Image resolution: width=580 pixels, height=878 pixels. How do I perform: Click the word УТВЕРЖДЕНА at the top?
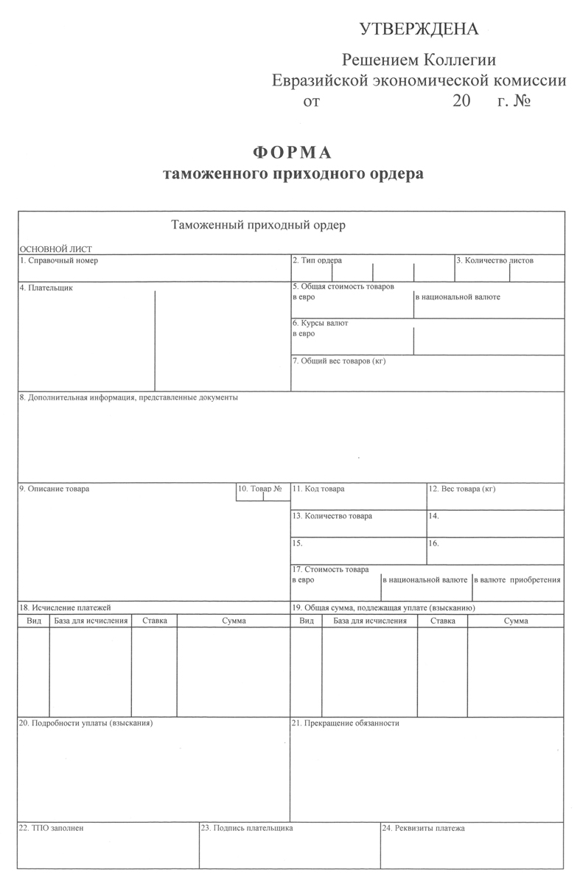419,29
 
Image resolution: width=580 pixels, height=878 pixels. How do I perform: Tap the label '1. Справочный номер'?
58,260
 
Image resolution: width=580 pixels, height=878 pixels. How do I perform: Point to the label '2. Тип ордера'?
317,260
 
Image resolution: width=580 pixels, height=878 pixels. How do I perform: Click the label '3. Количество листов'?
495,260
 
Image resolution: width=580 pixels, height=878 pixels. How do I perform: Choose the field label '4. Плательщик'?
46,288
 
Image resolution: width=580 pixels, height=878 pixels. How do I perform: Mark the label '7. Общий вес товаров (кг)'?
339,361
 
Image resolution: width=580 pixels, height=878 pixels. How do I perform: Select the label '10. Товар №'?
261,489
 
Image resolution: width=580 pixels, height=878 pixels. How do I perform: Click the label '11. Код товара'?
318,489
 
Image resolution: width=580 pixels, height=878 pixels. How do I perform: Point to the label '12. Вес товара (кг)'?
463,489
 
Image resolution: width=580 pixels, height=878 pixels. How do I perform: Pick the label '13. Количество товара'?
332,516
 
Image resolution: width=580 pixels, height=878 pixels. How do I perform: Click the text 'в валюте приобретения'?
517,579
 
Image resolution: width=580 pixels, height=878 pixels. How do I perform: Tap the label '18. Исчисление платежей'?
65,607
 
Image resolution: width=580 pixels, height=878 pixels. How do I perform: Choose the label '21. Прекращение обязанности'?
346,723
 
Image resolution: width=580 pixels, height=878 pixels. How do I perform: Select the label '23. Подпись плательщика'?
247,829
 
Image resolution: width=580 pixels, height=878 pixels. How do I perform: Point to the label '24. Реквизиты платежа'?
423,829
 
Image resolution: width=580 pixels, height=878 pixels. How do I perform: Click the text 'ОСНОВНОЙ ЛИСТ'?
56,249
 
